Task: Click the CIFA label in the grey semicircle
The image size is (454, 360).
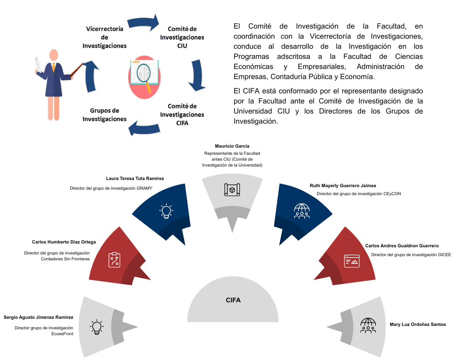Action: pyautogui.click(x=233, y=300)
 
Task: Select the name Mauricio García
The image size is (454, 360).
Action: pyautogui.click(x=232, y=146)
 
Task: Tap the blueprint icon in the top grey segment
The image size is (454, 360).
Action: pyautogui.click(x=232, y=190)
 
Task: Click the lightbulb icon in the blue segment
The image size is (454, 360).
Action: pyautogui.click(x=166, y=211)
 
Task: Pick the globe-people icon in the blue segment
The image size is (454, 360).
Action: pyautogui.click(x=302, y=211)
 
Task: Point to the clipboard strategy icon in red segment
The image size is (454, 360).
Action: pyautogui.click(x=114, y=259)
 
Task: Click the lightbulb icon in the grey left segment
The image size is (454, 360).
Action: pyautogui.click(x=97, y=327)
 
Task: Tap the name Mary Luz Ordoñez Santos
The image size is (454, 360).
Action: pyautogui.click(x=418, y=324)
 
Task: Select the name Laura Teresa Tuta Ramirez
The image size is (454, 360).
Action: pyautogui.click(x=135, y=178)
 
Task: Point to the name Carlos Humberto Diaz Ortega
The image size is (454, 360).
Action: pyautogui.click(x=64, y=242)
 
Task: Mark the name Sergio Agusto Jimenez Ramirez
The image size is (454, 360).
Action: pyautogui.click(x=39, y=317)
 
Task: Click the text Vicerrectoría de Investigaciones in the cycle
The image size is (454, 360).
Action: pyautogui.click(x=105, y=37)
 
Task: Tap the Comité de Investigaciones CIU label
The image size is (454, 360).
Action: pyautogui.click(x=182, y=37)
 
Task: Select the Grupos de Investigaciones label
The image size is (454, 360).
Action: pyautogui.click(x=105, y=115)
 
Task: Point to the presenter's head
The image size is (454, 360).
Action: pyautogui.click(x=53, y=55)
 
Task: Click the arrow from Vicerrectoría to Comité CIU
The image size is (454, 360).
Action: pyautogui.click(x=143, y=22)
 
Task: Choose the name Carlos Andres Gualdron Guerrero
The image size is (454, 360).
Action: pyautogui.click(x=402, y=246)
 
